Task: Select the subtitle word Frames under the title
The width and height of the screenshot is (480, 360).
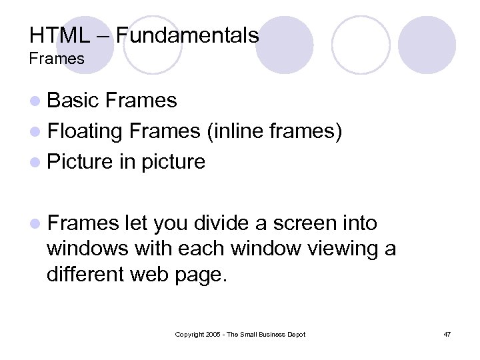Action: [57, 59]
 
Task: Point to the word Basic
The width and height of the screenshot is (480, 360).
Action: [73, 101]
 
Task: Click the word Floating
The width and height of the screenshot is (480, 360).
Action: [85, 131]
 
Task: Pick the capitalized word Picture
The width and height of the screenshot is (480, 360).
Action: [81, 162]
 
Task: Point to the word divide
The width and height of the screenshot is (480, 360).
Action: [219, 223]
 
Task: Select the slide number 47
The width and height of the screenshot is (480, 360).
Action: [447, 334]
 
